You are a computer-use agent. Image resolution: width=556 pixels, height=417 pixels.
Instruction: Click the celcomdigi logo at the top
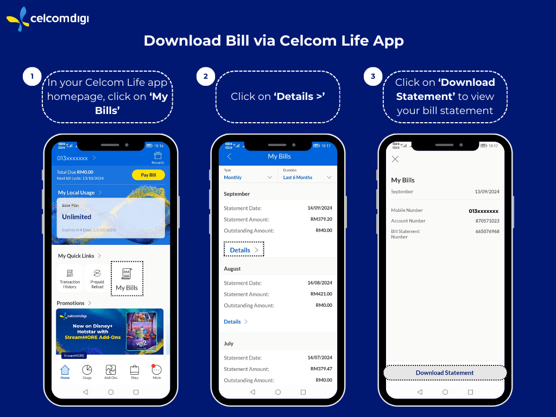[48, 19]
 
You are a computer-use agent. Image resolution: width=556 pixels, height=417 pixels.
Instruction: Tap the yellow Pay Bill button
[148, 175]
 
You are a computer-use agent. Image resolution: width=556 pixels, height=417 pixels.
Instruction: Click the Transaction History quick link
[70, 278]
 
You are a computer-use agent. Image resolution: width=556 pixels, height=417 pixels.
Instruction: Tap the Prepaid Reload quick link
[97, 278]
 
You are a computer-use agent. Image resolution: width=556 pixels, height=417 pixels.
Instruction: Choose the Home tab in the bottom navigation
[65, 372]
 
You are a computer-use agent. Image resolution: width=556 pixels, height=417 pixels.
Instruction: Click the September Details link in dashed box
[244, 250]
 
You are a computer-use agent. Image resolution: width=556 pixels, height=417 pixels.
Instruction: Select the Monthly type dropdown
[248, 177]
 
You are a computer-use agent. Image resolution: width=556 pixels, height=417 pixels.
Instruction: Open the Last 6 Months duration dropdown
[307, 177]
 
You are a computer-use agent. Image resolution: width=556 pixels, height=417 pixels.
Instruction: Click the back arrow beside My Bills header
[229, 156]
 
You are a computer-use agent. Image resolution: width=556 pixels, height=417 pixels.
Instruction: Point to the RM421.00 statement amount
[321, 294]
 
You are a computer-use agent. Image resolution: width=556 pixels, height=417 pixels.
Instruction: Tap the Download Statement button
[445, 372]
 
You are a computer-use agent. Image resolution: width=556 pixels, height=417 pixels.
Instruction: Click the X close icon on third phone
[395, 159]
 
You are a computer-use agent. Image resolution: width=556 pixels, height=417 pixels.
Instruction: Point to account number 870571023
[487, 221]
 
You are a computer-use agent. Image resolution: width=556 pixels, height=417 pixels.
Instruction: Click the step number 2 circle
[205, 77]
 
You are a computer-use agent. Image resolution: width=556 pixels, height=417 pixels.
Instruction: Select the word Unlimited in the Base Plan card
[77, 217]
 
